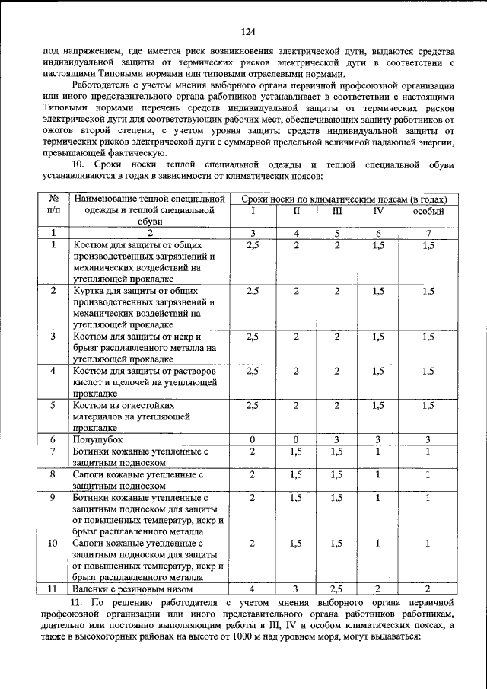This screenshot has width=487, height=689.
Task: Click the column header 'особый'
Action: click(428, 211)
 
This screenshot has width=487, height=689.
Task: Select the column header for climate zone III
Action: click(337, 211)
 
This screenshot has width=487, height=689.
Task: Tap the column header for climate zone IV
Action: click(378, 211)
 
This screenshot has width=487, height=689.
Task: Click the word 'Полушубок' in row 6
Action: click(98, 439)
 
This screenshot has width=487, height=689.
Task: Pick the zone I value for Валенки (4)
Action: click(252, 589)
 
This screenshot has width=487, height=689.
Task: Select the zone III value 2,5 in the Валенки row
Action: click(337, 589)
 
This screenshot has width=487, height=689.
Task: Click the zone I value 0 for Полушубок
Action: click(252, 439)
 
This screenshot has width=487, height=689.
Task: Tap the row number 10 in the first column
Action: click(53, 544)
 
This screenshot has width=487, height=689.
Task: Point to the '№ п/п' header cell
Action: click(53, 204)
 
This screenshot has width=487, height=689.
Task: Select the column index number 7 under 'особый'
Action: click(428, 233)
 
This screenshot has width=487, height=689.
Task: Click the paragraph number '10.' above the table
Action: click(79, 164)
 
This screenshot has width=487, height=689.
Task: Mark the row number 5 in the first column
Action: click(53, 405)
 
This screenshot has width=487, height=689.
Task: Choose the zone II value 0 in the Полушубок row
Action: click(296, 439)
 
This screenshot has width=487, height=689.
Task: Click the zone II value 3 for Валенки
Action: click(296, 589)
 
